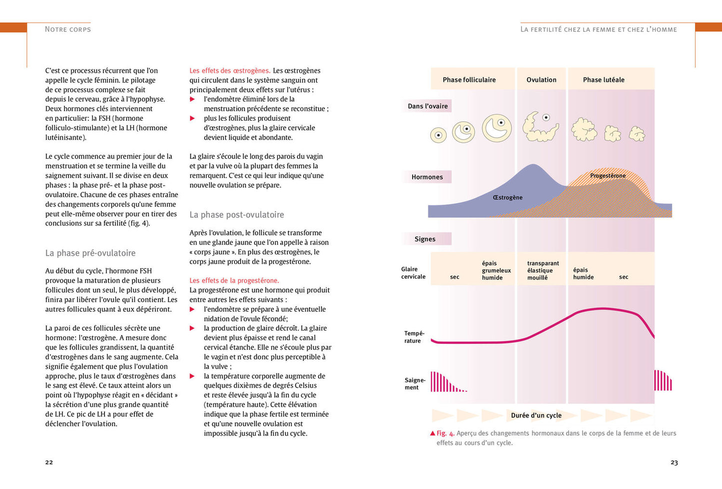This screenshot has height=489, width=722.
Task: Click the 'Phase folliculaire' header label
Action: [x=469, y=80]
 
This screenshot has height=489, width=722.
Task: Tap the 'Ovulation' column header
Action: [x=541, y=80]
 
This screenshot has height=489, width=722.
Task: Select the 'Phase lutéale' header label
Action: [x=604, y=80]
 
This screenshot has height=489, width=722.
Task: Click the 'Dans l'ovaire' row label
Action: [x=428, y=106]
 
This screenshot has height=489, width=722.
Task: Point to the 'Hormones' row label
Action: [x=427, y=177]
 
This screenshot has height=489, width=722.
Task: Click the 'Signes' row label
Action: [x=425, y=239]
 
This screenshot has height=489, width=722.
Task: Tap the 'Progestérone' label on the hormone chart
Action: [x=608, y=176]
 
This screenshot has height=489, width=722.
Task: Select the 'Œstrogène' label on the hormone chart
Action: [x=508, y=198]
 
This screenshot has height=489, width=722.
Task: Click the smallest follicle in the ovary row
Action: [x=439, y=135]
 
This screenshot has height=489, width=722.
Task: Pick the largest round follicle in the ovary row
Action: [x=497, y=128]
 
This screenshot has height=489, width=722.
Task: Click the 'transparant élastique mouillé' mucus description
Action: [x=543, y=270]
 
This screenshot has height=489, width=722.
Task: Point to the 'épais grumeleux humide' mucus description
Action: [x=496, y=270]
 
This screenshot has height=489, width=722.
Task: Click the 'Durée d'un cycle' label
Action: [x=536, y=416]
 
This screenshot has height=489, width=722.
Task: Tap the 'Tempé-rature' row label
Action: [x=414, y=337]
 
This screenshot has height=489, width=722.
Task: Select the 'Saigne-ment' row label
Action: [x=415, y=384]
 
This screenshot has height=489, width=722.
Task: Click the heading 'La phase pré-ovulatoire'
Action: [x=90, y=253]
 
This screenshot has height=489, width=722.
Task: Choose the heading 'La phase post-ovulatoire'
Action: [x=236, y=215]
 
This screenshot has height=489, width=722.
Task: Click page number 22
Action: [x=49, y=462]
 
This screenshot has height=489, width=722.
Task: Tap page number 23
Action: [x=674, y=463]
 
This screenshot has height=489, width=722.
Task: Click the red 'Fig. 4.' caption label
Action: [x=445, y=433]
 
